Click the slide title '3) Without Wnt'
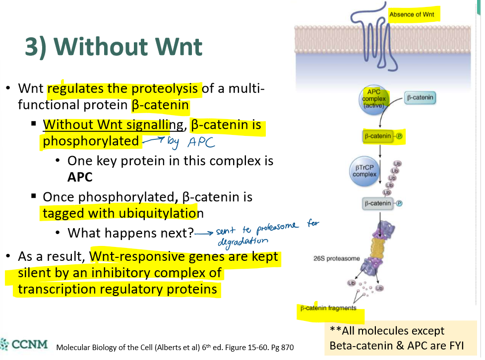[114, 47]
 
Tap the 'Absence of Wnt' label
[412, 14]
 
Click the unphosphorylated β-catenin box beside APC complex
[420, 98]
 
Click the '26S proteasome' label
[336, 259]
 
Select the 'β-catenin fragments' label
[328, 308]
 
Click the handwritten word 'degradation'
[243, 241]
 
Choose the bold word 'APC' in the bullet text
[80, 177]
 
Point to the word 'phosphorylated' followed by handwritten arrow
[91, 141]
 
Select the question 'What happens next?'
[130, 233]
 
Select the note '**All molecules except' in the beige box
[387, 331]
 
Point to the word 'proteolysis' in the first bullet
[166, 89]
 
